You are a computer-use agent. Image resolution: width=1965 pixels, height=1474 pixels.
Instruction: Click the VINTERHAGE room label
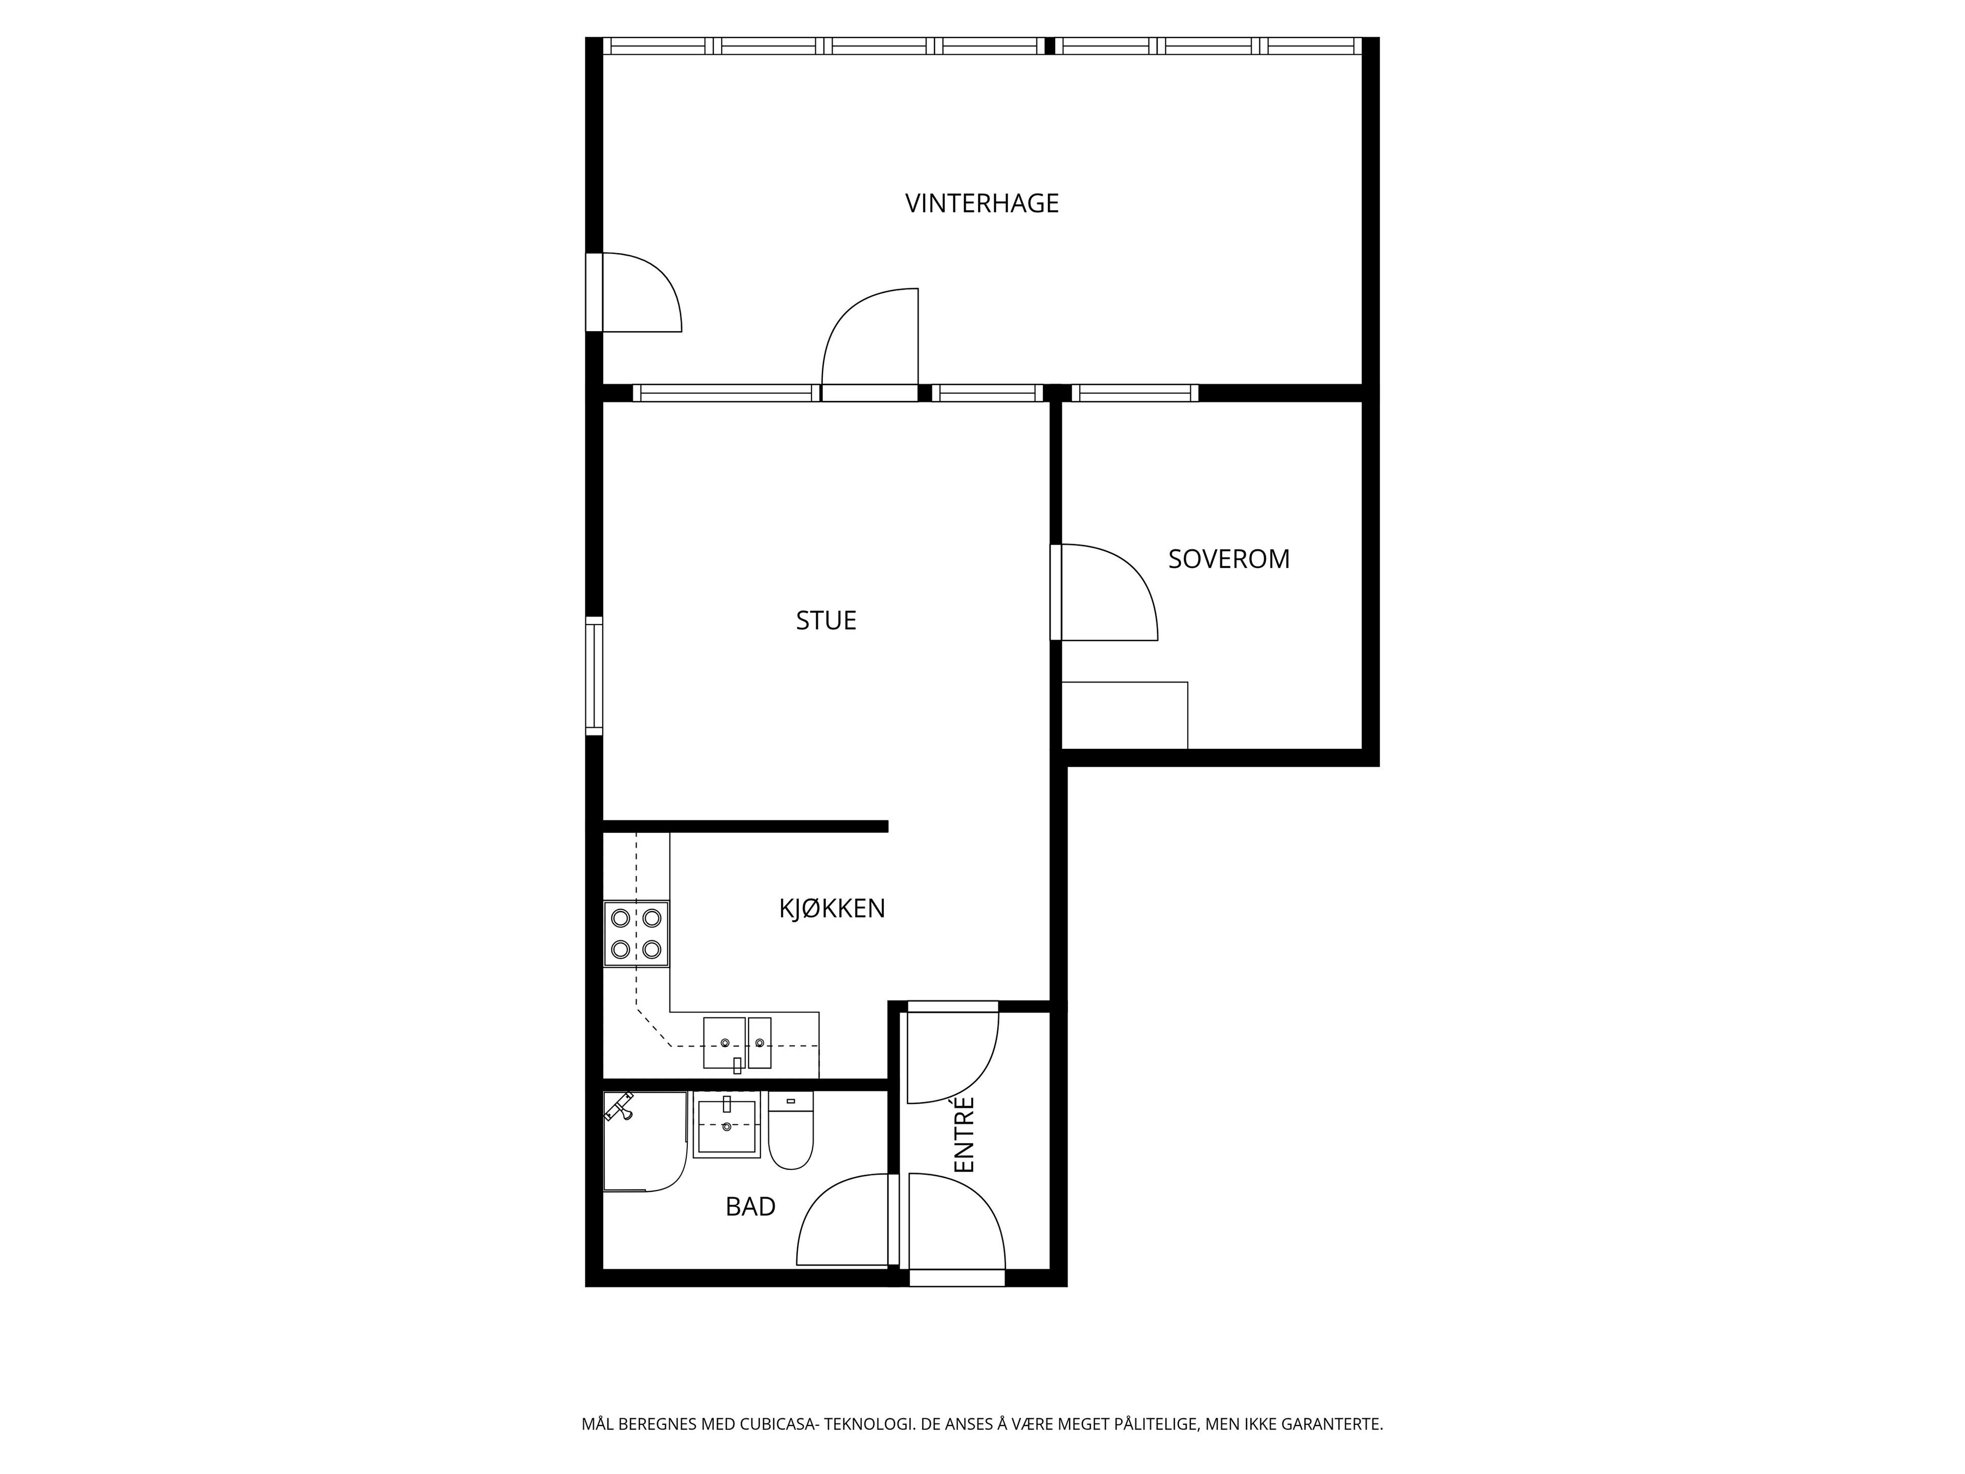click(981, 204)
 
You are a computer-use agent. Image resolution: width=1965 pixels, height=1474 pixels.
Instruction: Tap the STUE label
click(826, 620)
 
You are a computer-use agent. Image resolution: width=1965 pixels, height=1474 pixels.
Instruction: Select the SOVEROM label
click(1229, 559)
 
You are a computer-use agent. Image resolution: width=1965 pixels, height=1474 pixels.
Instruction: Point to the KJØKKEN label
click(833, 908)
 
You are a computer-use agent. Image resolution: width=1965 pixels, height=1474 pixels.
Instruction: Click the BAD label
click(751, 1206)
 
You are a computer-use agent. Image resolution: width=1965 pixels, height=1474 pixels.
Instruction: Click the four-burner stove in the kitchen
click(636, 933)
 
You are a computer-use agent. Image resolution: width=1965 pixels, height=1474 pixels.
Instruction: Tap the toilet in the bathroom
click(791, 1130)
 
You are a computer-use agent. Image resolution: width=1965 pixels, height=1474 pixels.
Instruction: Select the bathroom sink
click(727, 1125)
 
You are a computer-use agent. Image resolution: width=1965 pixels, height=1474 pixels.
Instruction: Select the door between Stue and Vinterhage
click(870, 345)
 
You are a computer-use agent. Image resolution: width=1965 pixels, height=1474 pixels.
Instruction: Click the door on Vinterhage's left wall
click(634, 292)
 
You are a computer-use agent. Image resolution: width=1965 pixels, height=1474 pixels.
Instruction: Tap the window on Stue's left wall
click(594, 676)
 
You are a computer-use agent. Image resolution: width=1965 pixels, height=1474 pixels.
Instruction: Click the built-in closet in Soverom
click(1125, 715)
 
